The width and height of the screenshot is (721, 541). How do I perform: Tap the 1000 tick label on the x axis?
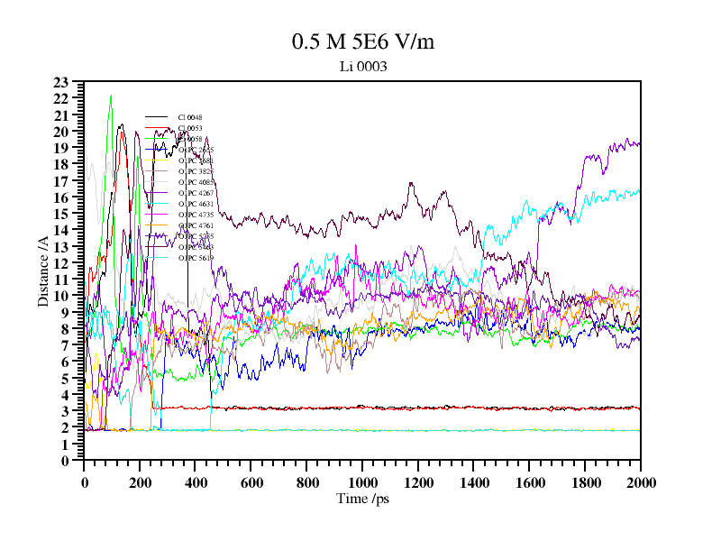[362, 482]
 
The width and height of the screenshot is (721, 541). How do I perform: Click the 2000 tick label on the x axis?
[640, 482]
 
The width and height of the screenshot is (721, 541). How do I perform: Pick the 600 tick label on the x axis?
[251, 482]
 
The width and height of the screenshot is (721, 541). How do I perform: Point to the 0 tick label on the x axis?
[85, 482]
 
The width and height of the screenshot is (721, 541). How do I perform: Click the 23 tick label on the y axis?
[61, 83]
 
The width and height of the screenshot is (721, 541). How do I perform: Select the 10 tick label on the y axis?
[61, 297]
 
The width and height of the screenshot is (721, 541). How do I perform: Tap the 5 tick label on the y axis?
[65, 379]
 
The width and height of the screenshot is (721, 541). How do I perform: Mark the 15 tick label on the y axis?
[61, 215]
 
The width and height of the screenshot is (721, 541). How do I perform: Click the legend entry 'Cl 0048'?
[190, 117]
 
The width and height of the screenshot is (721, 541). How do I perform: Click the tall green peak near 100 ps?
[111, 96]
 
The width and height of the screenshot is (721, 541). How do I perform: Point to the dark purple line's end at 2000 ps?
[638, 143]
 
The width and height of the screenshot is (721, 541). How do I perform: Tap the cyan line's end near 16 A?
[638, 191]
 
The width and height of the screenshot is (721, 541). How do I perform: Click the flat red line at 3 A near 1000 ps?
[362, 408]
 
